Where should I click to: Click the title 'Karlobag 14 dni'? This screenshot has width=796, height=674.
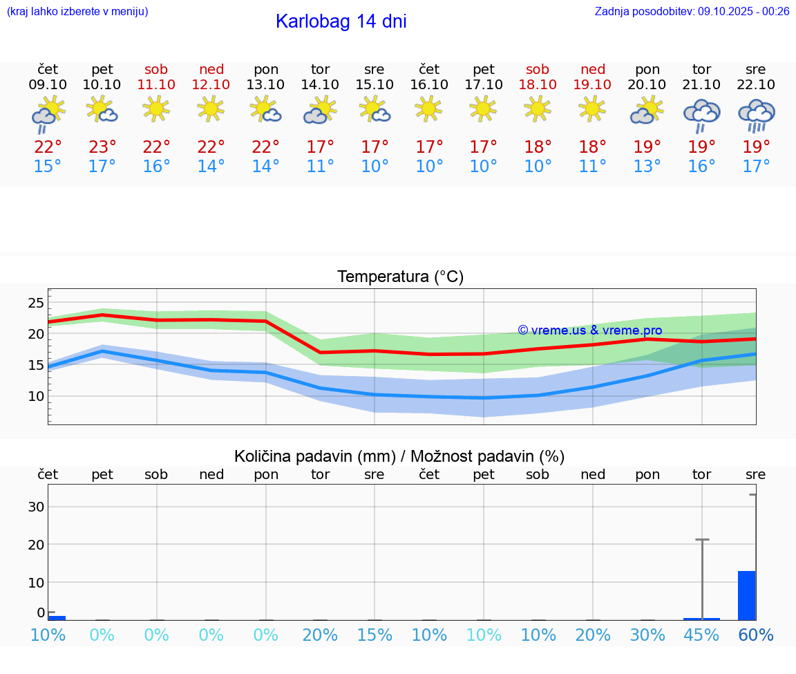[x=341, y=21]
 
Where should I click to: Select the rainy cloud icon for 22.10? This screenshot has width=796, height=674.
[x=756, y=115]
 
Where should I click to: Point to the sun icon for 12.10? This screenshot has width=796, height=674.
[x=211, y=109]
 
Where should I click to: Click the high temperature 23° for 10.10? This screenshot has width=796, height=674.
[x=102, y=147]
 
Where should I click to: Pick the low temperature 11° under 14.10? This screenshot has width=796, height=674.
[x=320, y=167]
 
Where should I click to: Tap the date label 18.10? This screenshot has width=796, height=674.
[x=538, y=85]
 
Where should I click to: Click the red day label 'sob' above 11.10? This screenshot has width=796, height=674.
[x=156, y=69]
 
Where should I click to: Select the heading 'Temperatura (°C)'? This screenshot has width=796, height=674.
[x=400, y=277]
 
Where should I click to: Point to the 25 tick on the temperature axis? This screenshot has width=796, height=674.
[x=36, y=303]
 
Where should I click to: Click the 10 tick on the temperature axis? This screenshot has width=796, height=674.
[x=36, y=396]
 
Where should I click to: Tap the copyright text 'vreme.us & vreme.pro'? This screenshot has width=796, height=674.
[x=589, y=330]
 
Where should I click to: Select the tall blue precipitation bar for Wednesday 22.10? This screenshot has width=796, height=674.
[x=746, y=595]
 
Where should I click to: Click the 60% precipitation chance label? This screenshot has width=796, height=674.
[x=756, y=635]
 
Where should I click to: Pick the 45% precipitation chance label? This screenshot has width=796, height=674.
[x=701, y=635]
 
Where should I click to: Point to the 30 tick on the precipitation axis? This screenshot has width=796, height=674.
[x=36, y=507]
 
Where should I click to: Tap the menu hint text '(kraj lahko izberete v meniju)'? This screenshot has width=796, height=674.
[x=77, y=11]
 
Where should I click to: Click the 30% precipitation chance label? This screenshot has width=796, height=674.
[x=647, y=635]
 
